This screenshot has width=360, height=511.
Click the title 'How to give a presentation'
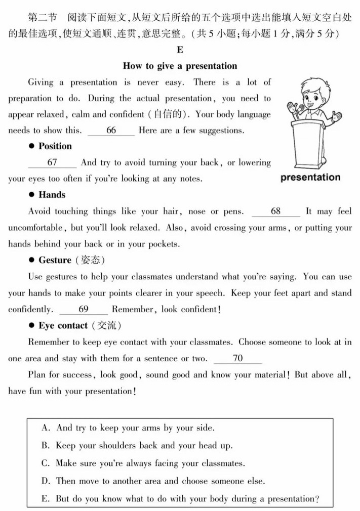point(180,66)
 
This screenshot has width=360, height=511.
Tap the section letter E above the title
point(180,50)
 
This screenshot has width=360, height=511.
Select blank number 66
point(111,131)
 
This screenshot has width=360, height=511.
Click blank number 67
point(52,162)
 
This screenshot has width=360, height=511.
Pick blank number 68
point(275,211)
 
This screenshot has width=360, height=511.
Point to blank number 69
point(84,309)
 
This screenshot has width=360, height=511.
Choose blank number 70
point(237,358)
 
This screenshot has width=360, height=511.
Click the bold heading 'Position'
point(55,146)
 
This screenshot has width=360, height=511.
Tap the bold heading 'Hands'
point(52,195)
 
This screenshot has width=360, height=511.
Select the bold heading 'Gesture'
point(55,260)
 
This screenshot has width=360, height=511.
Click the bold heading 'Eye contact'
point(63,325)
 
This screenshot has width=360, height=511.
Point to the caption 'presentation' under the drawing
point(310,178)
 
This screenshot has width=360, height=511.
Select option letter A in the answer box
point(46,428)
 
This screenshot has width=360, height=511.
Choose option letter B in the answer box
point(46,446)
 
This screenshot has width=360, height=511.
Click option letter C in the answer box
point(46,463)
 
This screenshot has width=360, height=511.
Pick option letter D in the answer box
point(46,481)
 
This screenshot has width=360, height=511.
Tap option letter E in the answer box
point(46,498)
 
